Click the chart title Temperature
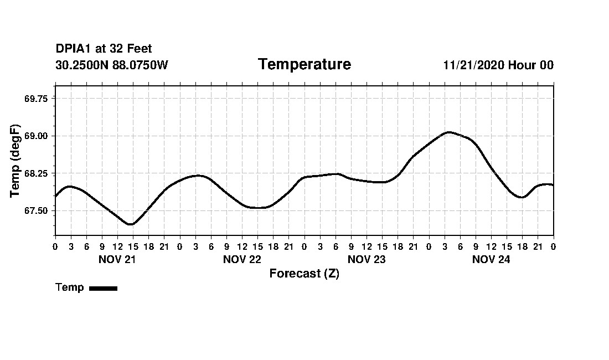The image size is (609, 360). pos(304,65)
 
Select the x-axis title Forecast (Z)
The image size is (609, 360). pos(304,274)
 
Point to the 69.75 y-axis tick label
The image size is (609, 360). pos(36,99)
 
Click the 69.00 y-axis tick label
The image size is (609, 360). pos(36,136)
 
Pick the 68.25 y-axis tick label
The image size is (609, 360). pos(36,174)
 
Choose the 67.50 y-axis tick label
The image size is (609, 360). pos(36,211)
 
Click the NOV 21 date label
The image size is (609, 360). pos(117,259)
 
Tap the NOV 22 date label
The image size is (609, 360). pos(242,259)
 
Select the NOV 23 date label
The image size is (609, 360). pos(367,259)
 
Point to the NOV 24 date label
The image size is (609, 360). pos(491,259)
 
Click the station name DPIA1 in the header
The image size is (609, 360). pos(73,49)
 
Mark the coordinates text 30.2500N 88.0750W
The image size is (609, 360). pos(112,65)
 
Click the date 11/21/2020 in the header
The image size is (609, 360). pos(473,65)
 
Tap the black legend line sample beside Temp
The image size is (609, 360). pos(103,288)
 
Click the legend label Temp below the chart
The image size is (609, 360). pos(70,287)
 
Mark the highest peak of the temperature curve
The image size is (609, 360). pos(448,132)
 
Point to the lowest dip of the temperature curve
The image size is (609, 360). pos(130,224)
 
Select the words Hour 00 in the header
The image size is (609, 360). pos(531,65)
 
